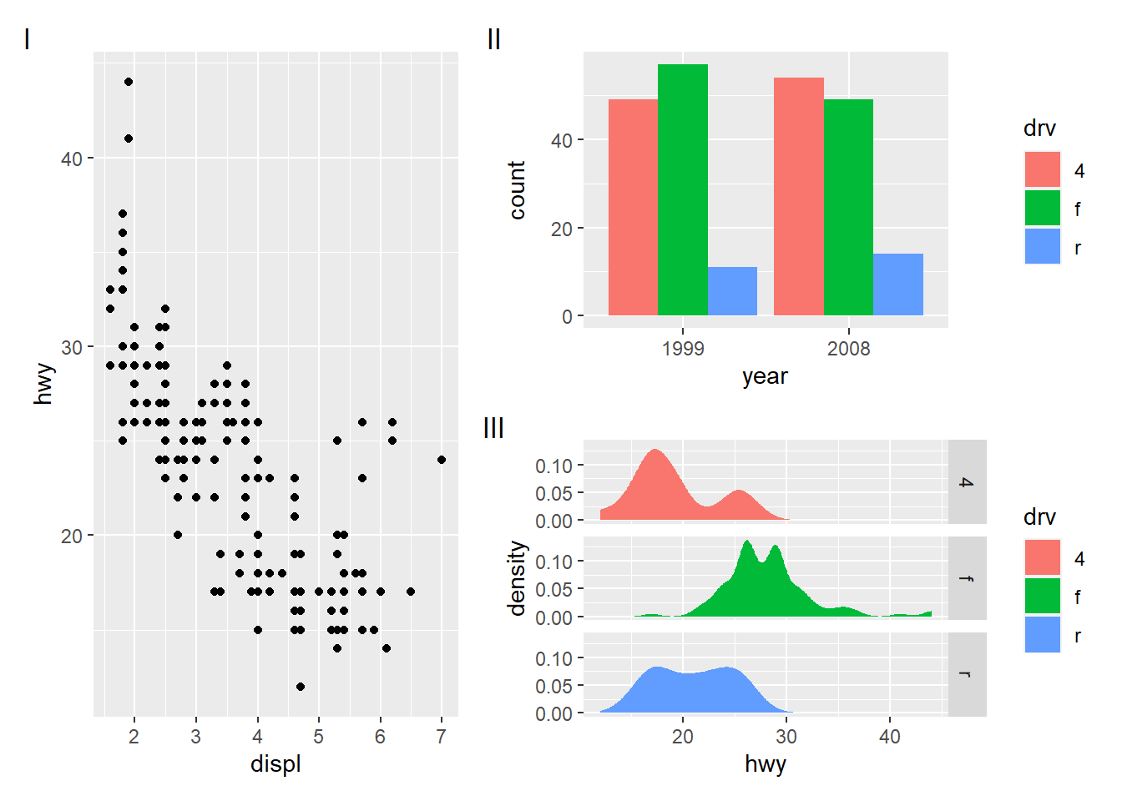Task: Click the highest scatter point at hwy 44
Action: pos(128,82)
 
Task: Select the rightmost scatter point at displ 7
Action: pos(442,460)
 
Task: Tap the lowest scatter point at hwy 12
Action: pos(301,687)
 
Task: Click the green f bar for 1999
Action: pos(682,190)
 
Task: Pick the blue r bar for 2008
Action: pos(898,285)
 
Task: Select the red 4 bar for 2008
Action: pos(798,197)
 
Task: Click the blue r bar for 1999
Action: pos(732,291)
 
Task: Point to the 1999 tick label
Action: pos(683,349)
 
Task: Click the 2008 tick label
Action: pos(848,349)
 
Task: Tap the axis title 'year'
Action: pos(765,376)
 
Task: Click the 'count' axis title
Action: pos(517,190)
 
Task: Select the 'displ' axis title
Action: pos(275,764)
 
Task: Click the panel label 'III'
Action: pos(493,428)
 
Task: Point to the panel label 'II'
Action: pos(493,39)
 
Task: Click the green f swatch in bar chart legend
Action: pos(1042,209)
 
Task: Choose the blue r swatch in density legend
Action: pos(1042,635)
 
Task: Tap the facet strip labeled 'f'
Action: pos(967,578)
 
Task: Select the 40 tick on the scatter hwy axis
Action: pos(72,159)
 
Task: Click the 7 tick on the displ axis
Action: pos(442,737)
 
